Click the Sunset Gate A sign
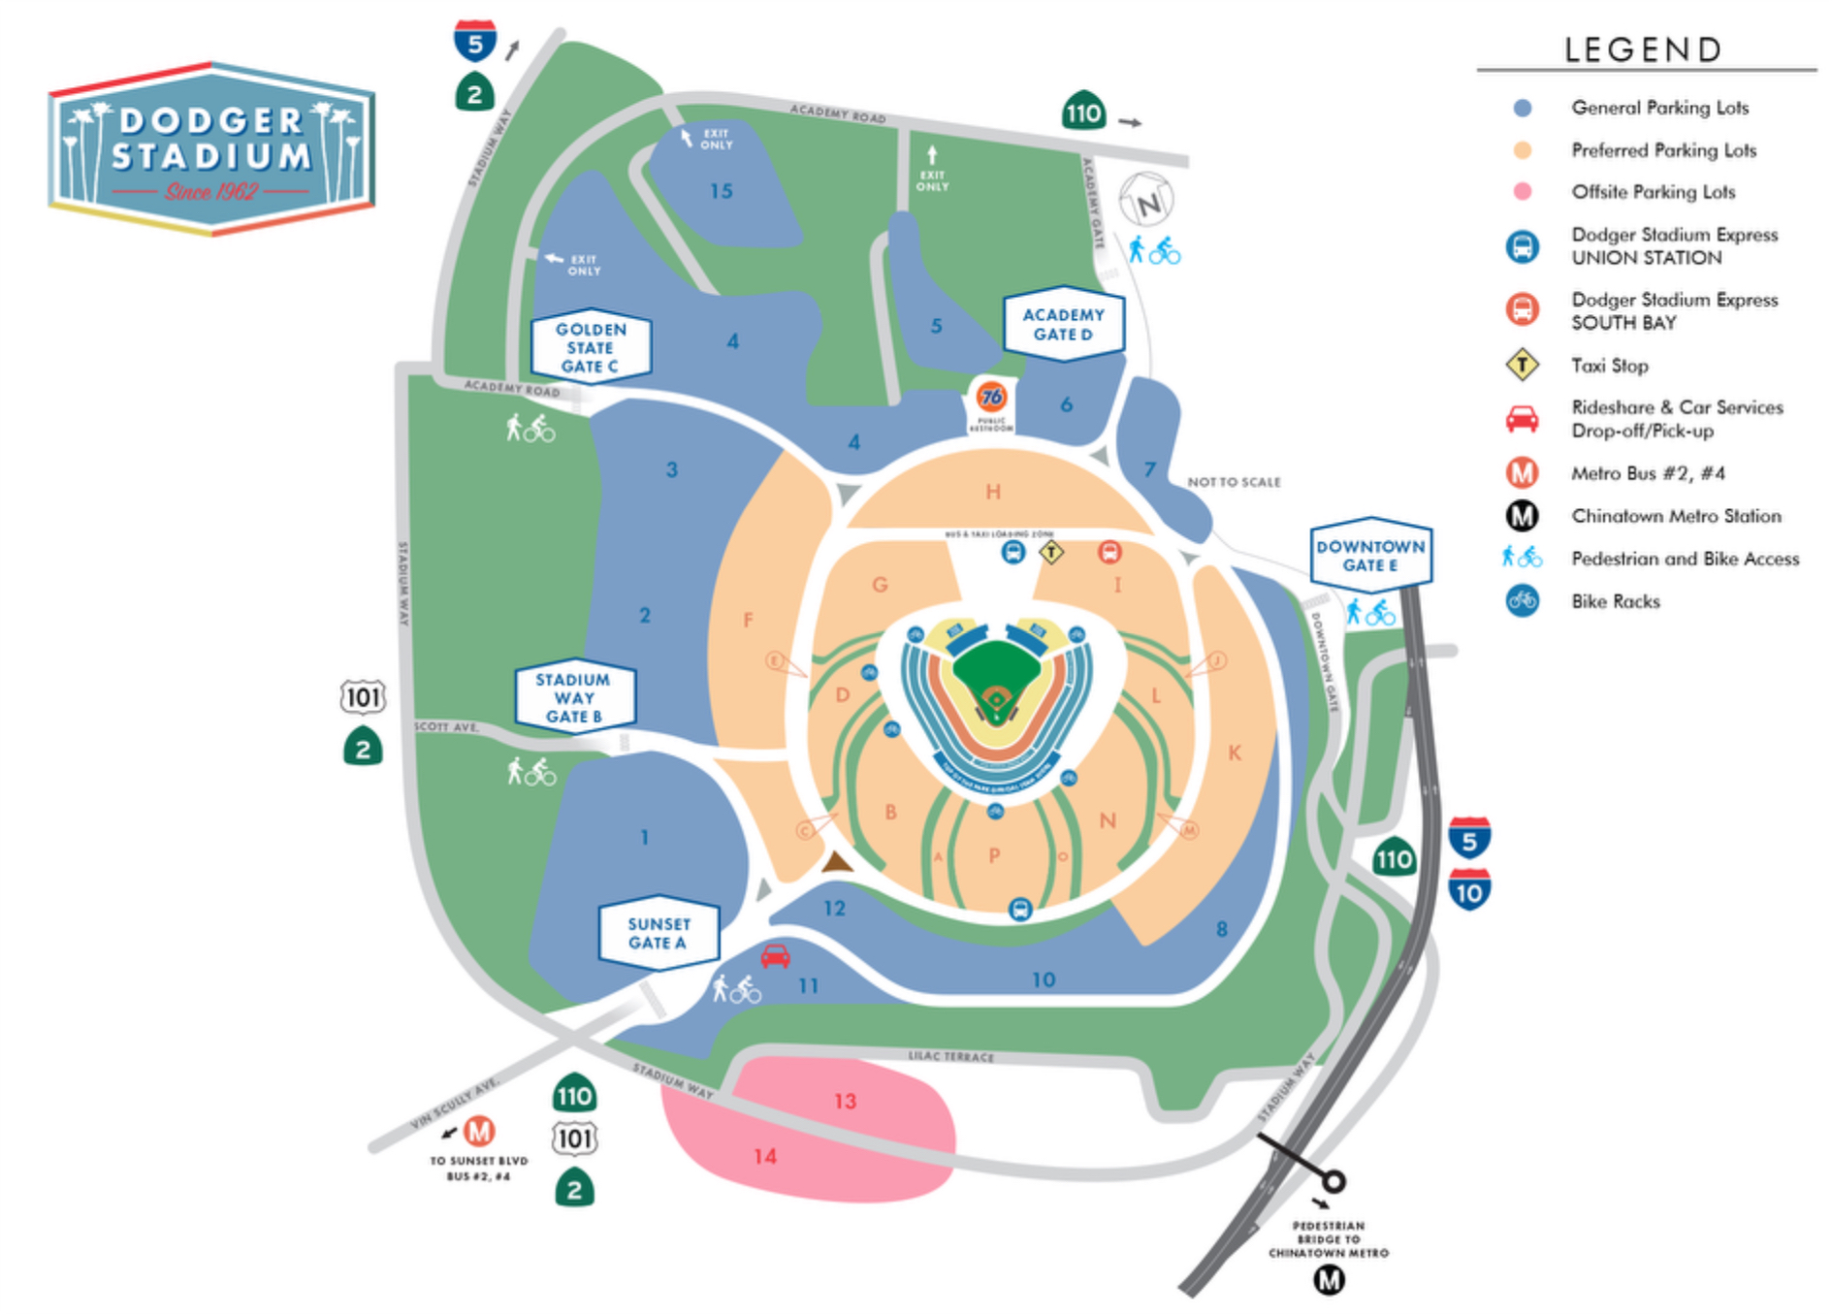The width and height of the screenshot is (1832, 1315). click(659, 933)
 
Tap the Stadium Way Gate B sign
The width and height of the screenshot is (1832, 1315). click(574, 697)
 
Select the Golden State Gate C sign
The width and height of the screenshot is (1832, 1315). click(590, 347)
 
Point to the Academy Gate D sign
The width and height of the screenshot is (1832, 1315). click(1063, 324)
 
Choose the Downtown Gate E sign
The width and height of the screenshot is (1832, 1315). click(1370, 556)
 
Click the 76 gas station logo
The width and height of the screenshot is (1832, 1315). click(991, 397)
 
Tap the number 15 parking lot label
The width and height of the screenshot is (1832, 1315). click(721, 191)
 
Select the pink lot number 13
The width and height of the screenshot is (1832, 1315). click(845, 1101)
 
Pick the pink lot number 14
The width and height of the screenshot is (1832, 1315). click(765, 1156)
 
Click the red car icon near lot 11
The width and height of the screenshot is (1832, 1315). click(775, 956)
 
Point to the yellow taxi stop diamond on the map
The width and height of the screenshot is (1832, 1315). click(1051, 553)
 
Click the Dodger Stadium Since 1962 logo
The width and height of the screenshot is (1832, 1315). click(211, 149)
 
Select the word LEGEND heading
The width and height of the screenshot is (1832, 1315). click(1644, 49)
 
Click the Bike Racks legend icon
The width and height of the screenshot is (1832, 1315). click(1522, 601)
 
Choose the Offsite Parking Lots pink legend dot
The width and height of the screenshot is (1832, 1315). click(1523, 192)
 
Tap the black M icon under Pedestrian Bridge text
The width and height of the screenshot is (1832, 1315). click(1329, 1281)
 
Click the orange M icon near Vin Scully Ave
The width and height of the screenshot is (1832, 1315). click(479, 1131)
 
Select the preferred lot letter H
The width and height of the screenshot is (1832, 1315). click(993, 492)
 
